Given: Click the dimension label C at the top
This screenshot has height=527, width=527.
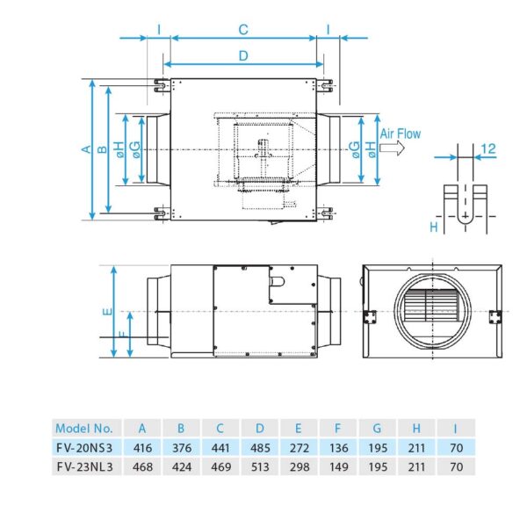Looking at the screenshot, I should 243,29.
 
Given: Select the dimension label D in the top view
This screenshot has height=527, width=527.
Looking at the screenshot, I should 243,55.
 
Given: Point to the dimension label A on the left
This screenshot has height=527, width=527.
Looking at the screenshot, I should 85,150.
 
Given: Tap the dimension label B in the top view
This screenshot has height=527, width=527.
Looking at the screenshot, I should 102,150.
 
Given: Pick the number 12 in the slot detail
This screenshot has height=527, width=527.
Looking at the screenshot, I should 489,149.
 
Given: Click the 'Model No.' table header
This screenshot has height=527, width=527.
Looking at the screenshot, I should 83,429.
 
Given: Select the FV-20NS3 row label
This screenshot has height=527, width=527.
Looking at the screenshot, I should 83,448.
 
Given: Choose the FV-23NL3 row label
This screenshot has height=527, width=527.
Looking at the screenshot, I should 83,466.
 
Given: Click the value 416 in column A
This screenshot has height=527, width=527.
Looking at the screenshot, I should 142,448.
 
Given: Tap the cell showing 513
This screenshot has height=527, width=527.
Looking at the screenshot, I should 259,466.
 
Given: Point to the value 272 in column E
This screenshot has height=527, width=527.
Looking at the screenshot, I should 299,448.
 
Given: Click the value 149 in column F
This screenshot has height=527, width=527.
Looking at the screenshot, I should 337,466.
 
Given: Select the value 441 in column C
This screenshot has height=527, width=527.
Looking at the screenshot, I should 220,448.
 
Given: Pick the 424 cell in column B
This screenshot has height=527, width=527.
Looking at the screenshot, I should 181,466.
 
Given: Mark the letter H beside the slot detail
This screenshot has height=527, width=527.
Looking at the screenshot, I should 434,227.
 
